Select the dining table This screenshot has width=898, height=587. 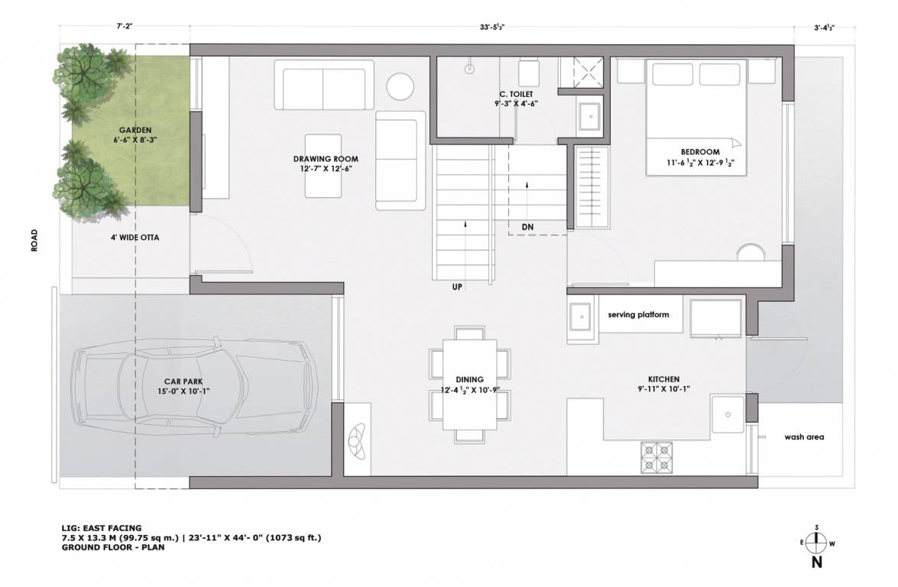[x=470, y=384]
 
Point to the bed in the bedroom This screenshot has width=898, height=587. [x=696, y=118]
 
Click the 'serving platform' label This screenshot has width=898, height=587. [x=639, y=315]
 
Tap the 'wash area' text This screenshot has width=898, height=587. [x=804, y=438]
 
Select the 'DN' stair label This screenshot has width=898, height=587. [x=527, y=227]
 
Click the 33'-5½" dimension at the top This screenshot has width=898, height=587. [x=491, y=27]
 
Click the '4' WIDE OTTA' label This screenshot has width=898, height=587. [x=135, y=237]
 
